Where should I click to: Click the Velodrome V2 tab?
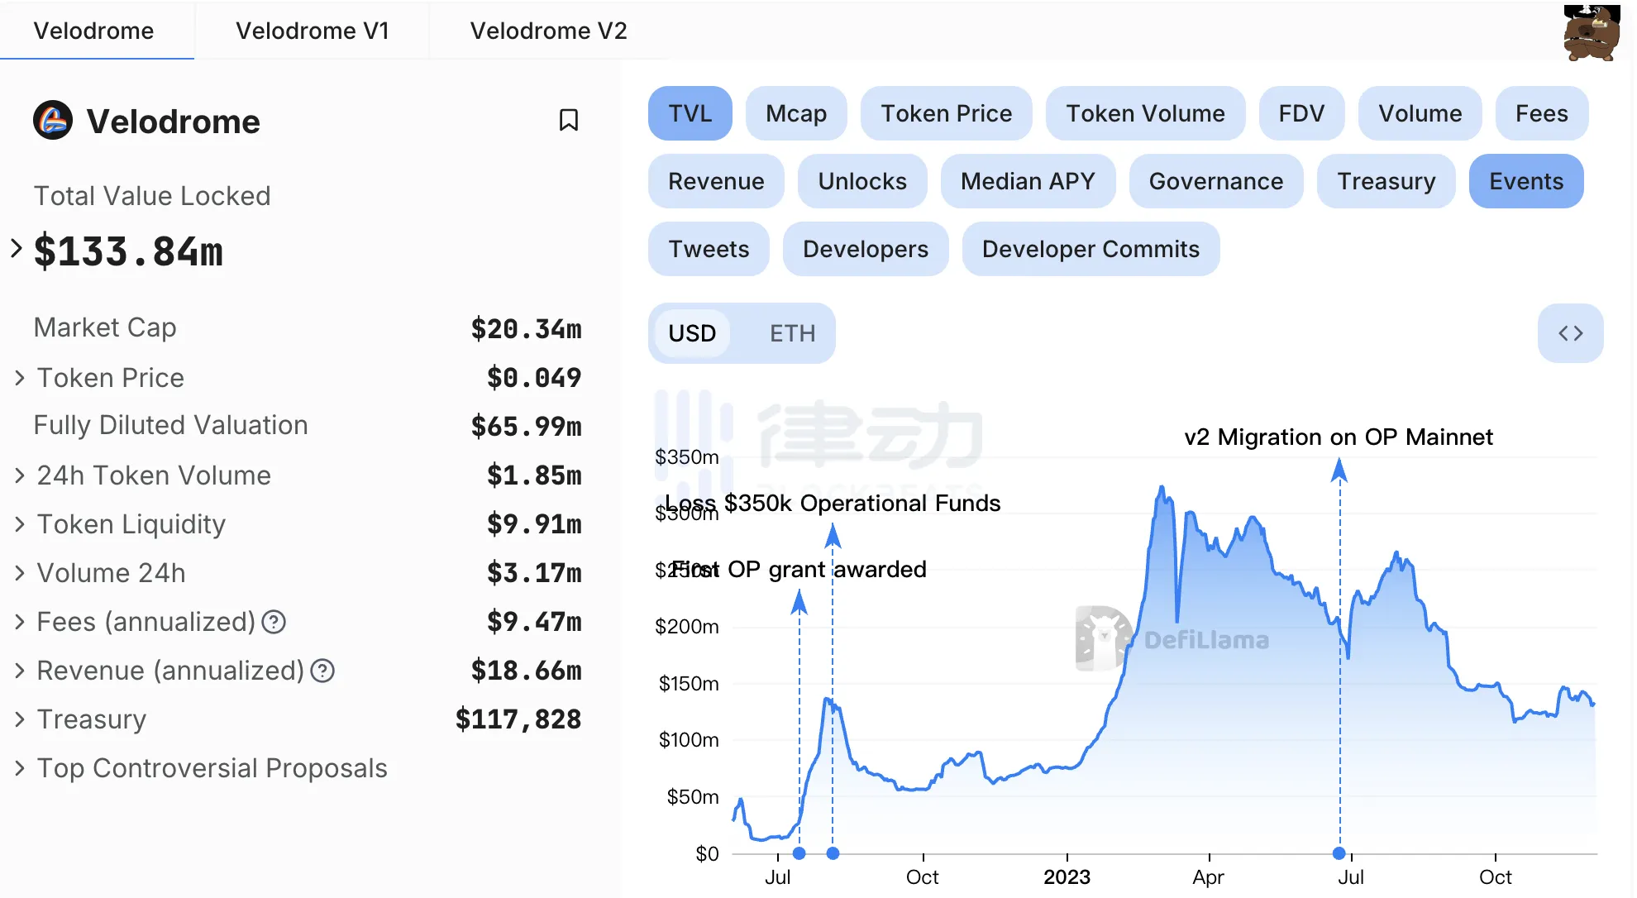(x=548, y=31)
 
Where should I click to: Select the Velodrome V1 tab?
(x=312, y=31)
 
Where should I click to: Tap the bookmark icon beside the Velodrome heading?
(x=569, y=121)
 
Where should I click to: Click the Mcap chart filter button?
(x=795, y=113)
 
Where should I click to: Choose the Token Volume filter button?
(x=1145, y=113)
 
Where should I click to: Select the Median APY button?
(x=1028, y=181)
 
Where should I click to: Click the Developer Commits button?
(x=1091, y=249)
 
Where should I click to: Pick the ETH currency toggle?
(x=792, y=333)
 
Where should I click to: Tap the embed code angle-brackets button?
(x=1570, y=333)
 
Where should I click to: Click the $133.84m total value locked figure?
(x=128, y=251)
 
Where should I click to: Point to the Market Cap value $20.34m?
(x=526, y=329)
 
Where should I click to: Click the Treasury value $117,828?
(x=518, y=719)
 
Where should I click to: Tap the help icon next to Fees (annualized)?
(x=274, y=622)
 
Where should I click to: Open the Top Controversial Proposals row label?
(x=212, y=768)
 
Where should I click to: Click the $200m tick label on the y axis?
(x=686, y=627)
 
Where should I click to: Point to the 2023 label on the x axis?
(x=1067, y=877)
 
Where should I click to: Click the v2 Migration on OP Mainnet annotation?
(x=1339, y=437)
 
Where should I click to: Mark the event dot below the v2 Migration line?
(x=1339, y=853)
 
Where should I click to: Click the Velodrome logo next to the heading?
(x=53, y=121)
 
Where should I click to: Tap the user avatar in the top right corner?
(x=1591, y=33)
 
